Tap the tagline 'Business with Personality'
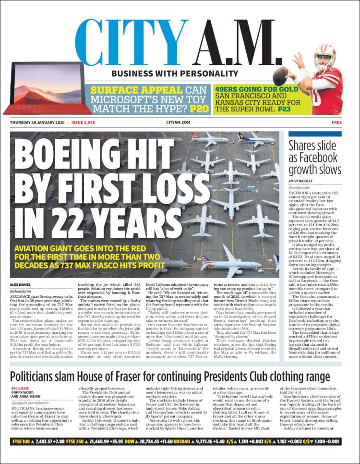pyautogui.click(x=174, y=73)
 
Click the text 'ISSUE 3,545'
pyautogui.click(x=83, y=122)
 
